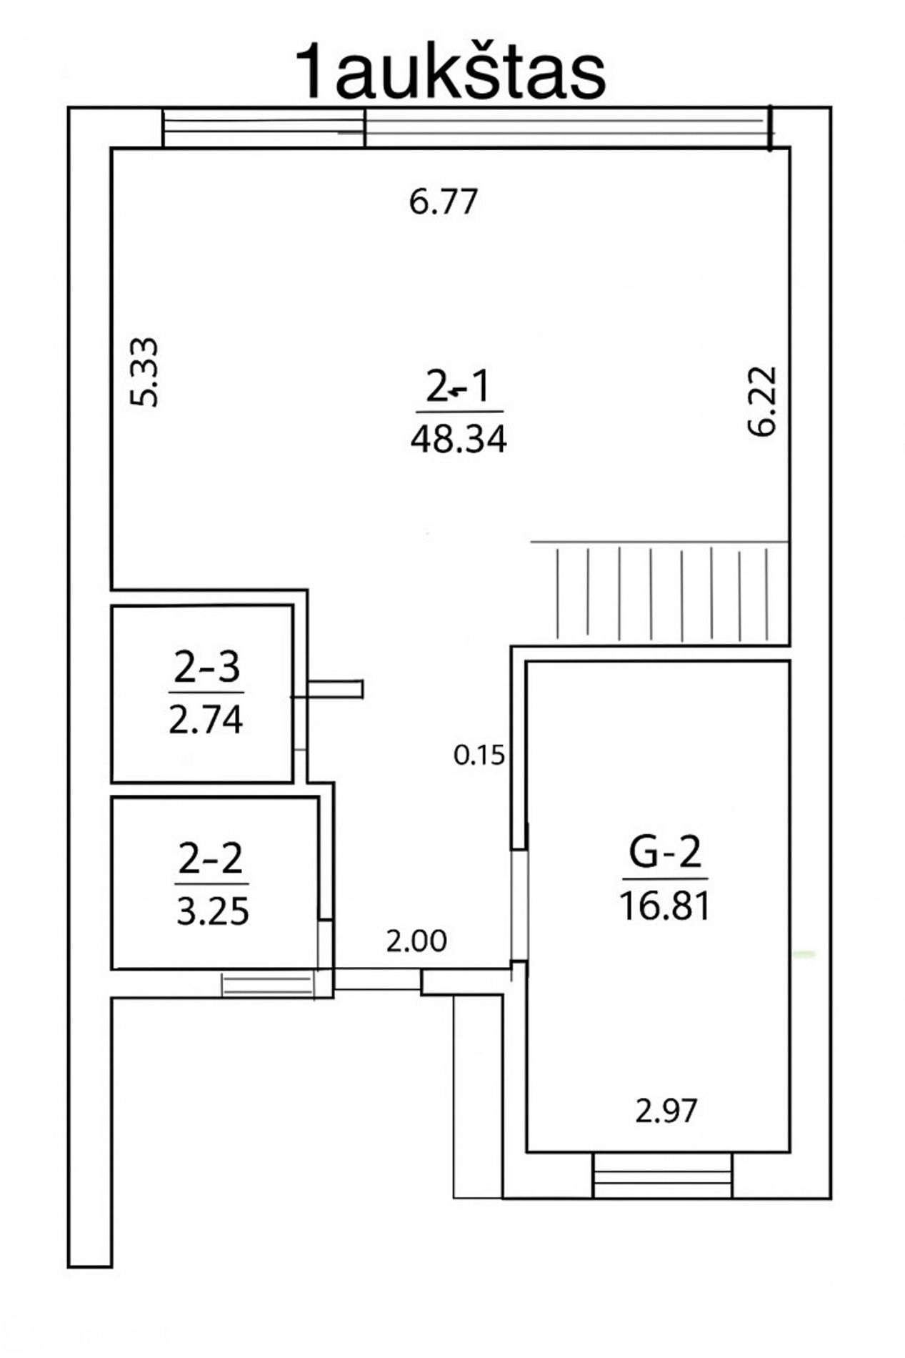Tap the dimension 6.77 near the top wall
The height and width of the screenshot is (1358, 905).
[x=443, y=202]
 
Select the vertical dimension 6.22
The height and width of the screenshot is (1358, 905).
[x=761, y=401]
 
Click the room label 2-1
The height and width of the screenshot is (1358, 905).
[x=459, y=388]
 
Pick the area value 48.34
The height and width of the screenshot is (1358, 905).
[x=459, y=438]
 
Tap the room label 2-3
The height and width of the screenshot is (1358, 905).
[x=207, y=668]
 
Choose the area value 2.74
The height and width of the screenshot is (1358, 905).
[x=206, y=719]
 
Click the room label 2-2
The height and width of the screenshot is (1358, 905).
[x=211, y=859]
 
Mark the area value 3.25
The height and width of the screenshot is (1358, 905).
[x=212, y=911]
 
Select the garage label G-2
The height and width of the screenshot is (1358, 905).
[x=665, y=851]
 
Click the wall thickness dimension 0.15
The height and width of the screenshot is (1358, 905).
[x=479, y=755]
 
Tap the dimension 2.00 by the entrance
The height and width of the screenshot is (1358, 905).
[x=416, y=941]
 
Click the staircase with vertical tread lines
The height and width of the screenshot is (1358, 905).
[x=660, y=591]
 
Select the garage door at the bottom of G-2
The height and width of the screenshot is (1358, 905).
[x=662, y=1174]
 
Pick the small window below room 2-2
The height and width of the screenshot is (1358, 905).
[x=268, y=984]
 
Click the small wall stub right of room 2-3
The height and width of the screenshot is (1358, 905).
[x=336, y=689]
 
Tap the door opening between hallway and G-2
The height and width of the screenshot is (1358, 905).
[x=519, y=906]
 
